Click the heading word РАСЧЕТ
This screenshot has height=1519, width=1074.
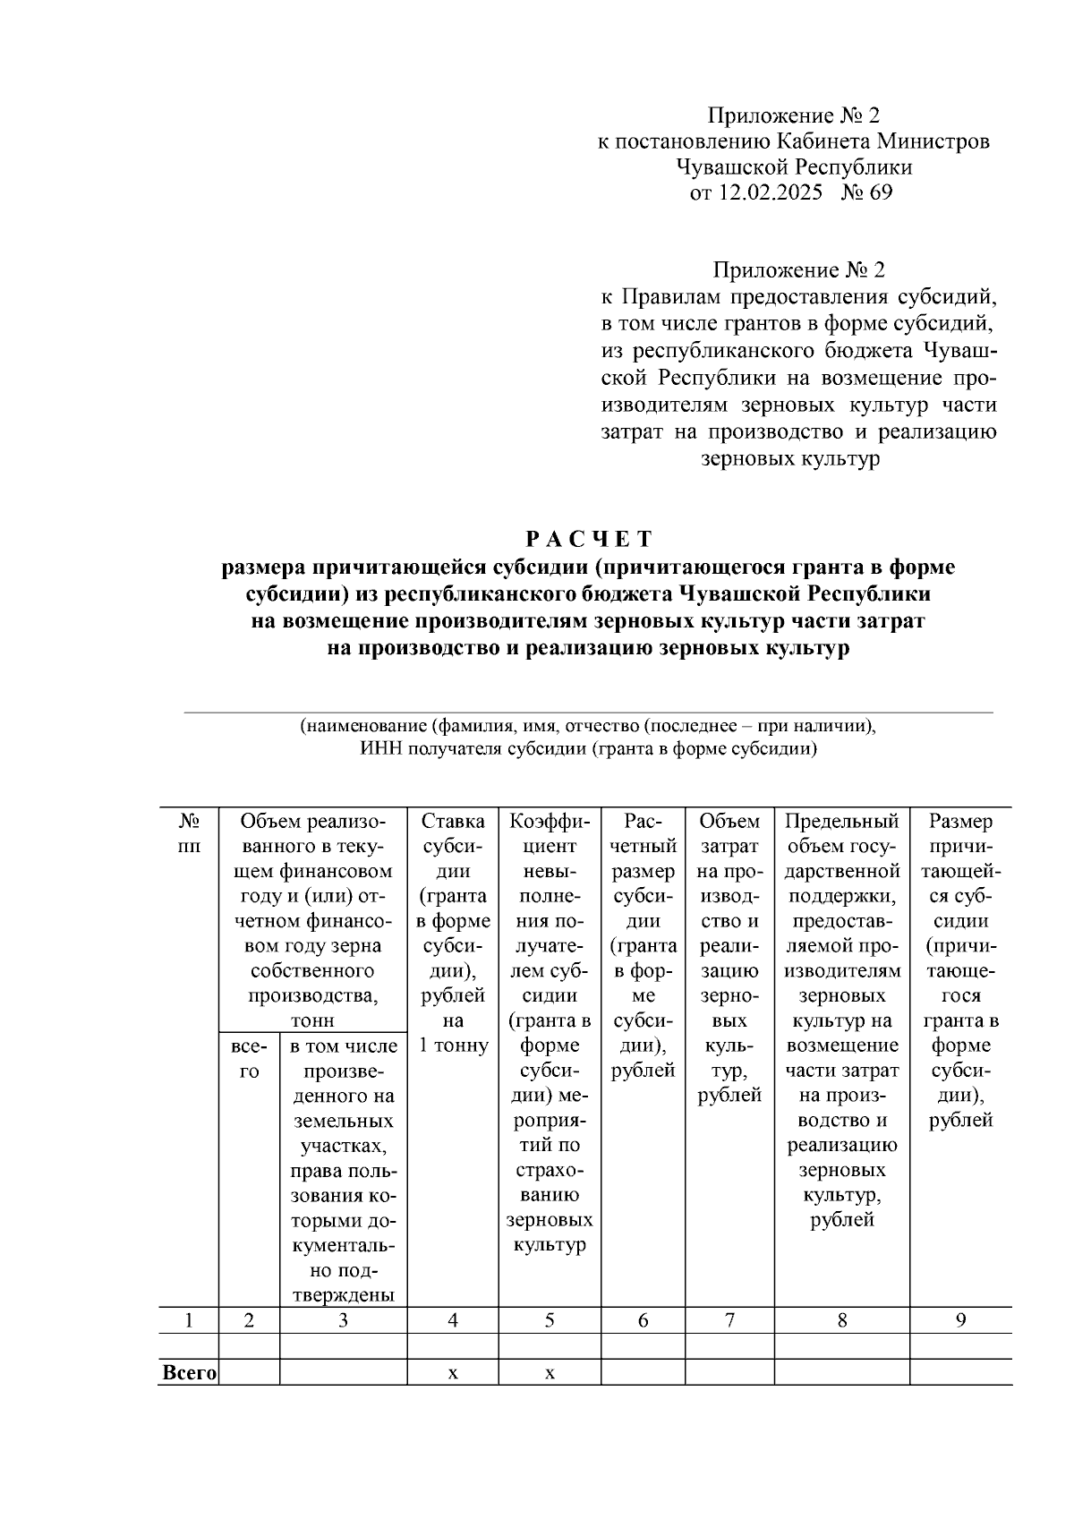tap(589, 539)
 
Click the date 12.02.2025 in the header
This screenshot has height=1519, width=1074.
tap(769, 192)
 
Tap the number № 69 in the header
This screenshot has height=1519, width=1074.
tap(866, 192)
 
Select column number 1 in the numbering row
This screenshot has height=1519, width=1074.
tap(189, 1320)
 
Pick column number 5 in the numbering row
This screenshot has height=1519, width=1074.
tap(550, 1320)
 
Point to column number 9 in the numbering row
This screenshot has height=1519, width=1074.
tap(960, 1320)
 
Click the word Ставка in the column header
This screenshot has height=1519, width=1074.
tap(453, 821)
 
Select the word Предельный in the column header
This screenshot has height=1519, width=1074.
tap(841, 821)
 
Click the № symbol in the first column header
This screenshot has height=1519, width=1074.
tap(189, 821)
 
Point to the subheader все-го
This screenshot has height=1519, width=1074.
tap(249, 1058)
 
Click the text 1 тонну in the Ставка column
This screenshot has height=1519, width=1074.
tap(453, 1045)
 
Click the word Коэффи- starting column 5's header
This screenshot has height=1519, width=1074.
tap(550, 821)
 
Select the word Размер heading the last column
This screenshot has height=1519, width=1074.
tap(960, 821)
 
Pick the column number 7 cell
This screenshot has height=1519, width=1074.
tap(729, 1320)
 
